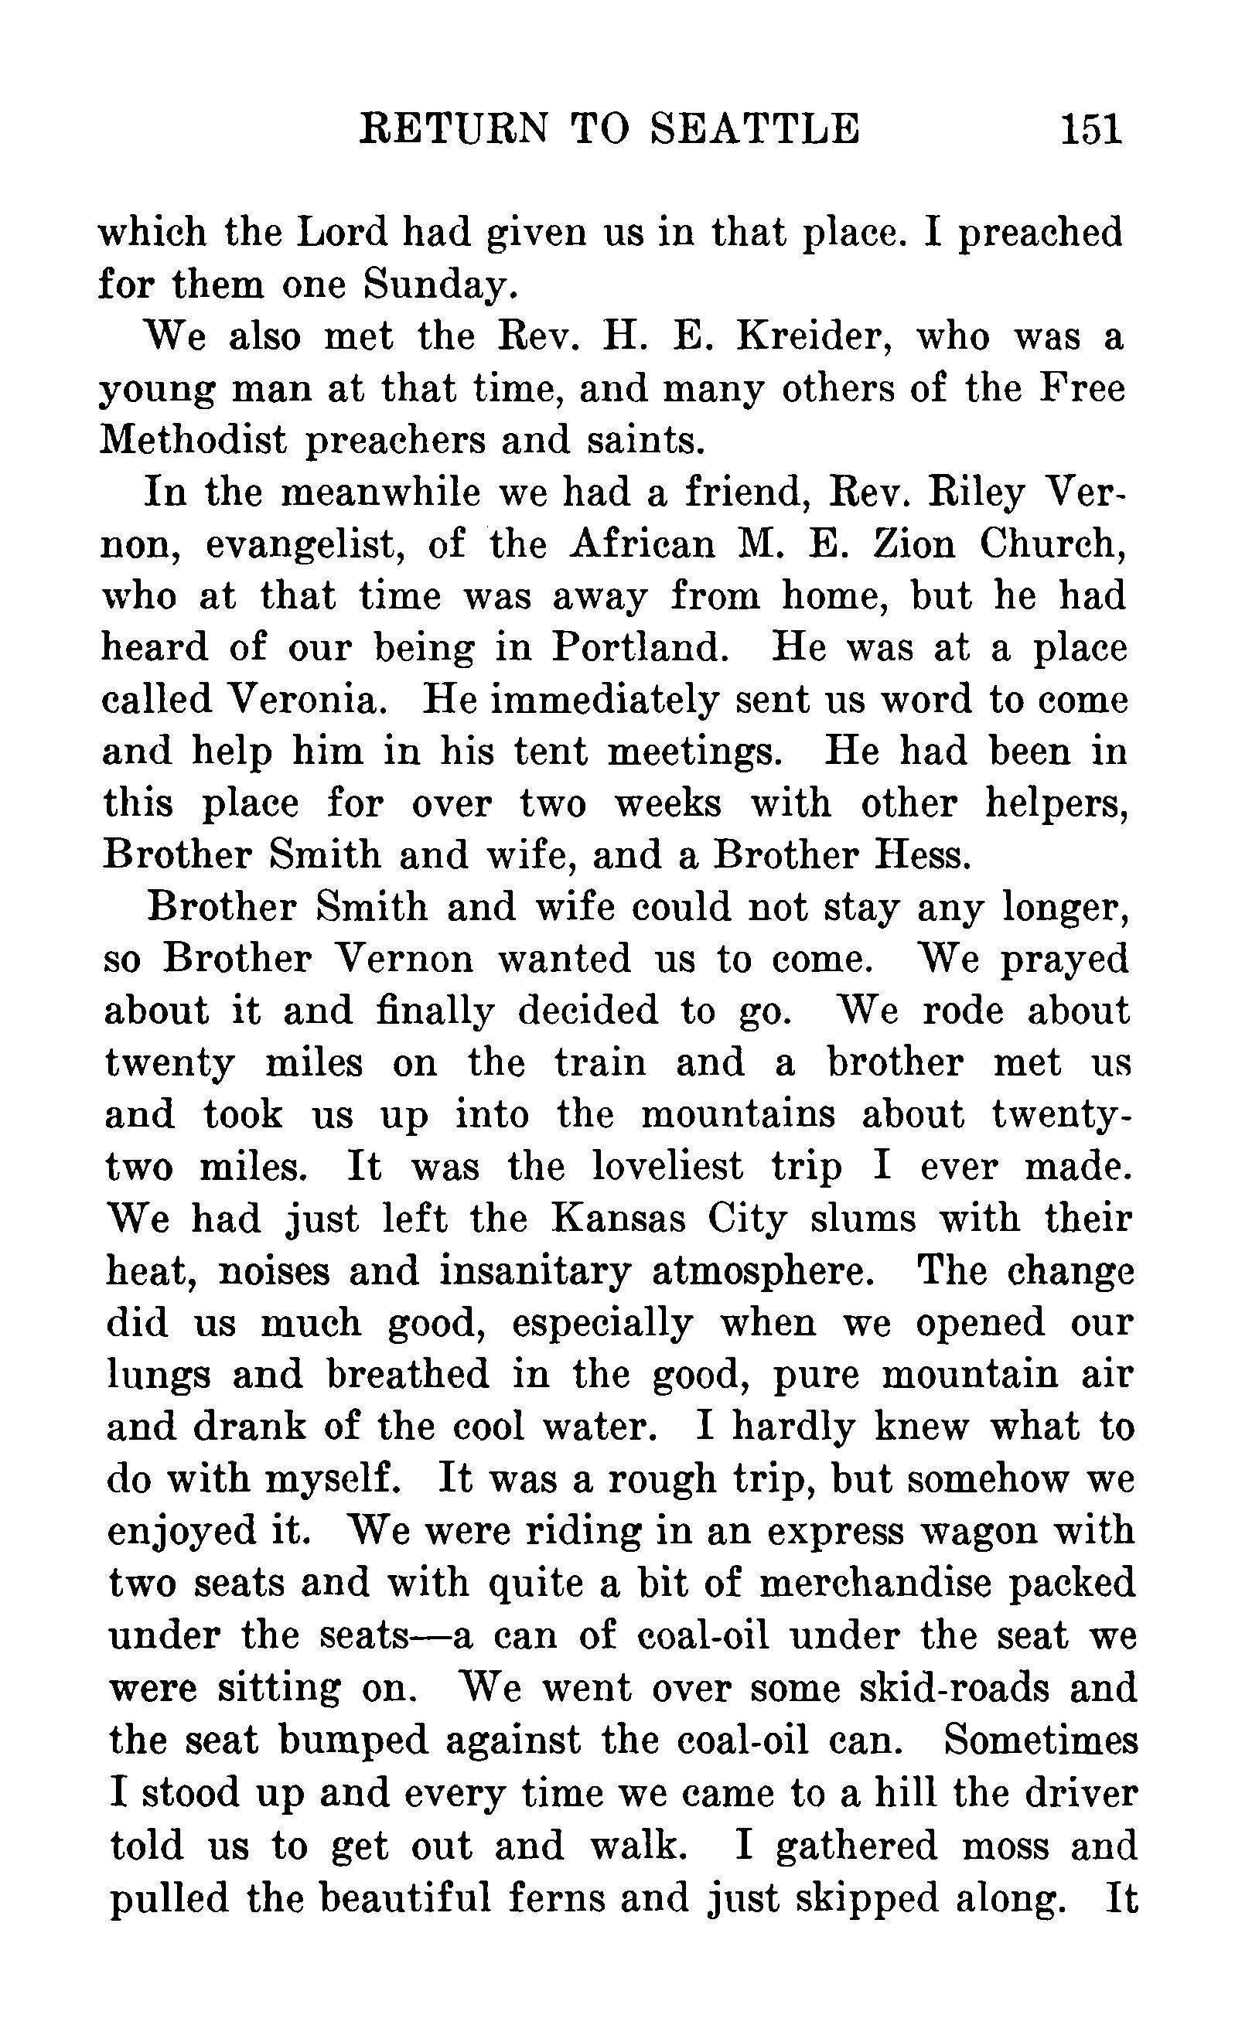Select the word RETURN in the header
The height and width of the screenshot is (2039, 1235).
coord(452,129)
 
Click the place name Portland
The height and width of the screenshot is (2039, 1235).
coord(639,648)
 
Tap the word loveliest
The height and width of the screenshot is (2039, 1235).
coord(667,1168)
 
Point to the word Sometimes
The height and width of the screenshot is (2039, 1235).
coord(1039,1740)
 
